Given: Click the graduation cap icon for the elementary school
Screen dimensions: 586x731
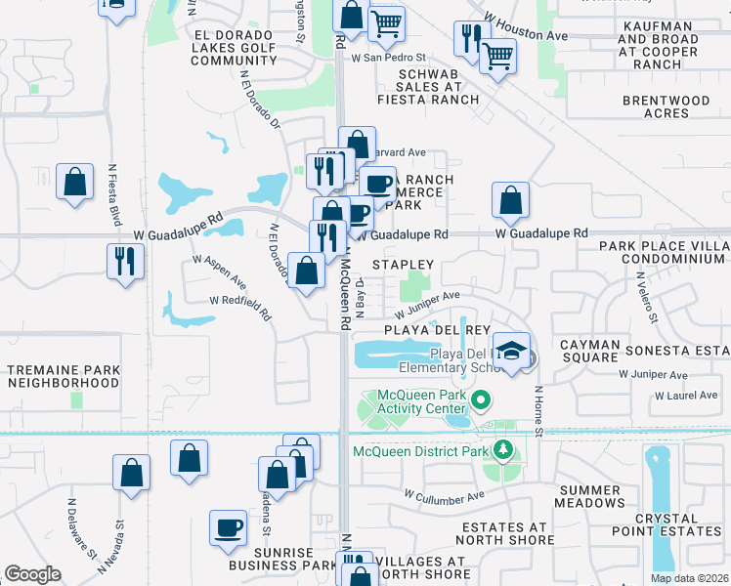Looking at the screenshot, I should pyautogui.click(x=511, y=352).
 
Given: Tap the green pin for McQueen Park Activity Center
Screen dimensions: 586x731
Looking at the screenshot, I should pyautogui.click(x=480, y=399).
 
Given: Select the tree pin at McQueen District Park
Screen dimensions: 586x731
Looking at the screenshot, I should pyautogui.click(x=503, y=450).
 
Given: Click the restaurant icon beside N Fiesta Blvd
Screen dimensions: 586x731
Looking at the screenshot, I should pyautogui.click(x=126, y=261).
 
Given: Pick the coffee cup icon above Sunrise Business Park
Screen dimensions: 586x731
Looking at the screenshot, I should pyautogui.click(x=229, y=528).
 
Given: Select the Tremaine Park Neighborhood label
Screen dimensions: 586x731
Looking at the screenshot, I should pyautogui.click(x=63, y=377).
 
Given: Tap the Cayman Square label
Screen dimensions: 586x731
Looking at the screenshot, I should pyautogui.click(x=589, y=352).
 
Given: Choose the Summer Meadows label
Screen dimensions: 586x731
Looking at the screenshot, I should pyautogui.click(x=590, y=495).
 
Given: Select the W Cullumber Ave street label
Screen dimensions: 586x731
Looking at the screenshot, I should pyautogui.click(x=446, y=497).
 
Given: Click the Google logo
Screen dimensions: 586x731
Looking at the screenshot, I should pyautogui.click(x=32, y=574).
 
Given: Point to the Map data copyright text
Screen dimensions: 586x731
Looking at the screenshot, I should pyautogui.click(x=689, y=578).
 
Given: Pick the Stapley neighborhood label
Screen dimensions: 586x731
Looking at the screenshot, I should pyautogui.click(x=403, y=265).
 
